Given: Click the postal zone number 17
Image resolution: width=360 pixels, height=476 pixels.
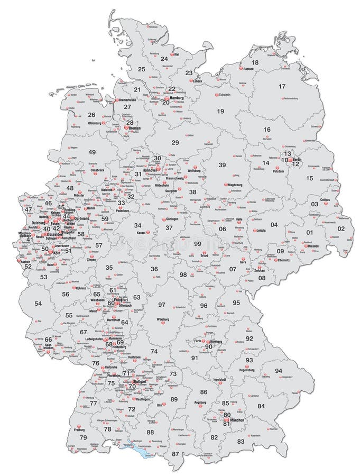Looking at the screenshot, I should pos(282,86).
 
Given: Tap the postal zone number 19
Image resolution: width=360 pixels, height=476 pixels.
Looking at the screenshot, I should pos(220,111).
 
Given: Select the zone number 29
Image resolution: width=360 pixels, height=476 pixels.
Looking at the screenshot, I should pos(175,142).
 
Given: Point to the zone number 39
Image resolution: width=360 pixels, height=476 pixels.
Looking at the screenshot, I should pos(222,165).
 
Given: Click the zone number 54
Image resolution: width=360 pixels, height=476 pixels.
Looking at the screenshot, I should pos(38,304).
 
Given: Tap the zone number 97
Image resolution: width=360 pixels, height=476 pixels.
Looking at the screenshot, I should pos(162,305).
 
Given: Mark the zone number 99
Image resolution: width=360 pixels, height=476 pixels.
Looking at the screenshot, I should pos(197,243).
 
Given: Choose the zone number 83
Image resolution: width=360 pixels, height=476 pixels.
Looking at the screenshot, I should pos(241,441).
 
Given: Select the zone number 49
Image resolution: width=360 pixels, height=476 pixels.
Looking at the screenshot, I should pos(92,152).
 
